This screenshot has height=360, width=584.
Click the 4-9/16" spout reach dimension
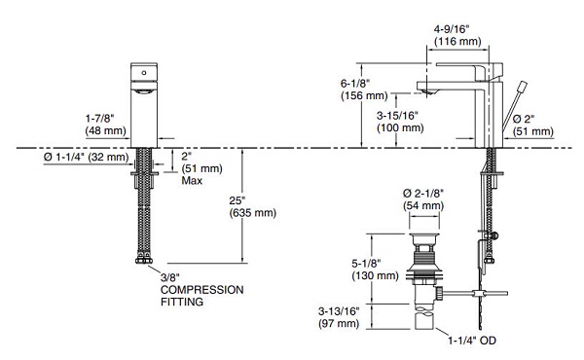pyautogui.click(x=457, y=35)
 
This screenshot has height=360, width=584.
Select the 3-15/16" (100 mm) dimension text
pyautogui.click(x=400, y=122)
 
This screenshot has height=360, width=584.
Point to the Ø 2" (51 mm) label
pyautogui.click(x=533, y=126)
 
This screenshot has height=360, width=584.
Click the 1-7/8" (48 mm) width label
pyautogui.click(x=106, y=125)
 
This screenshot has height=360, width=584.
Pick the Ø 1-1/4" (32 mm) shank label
pyautogui.click(x=86, y=157)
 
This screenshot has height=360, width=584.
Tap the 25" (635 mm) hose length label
pyautogui.click(x=252, y=206)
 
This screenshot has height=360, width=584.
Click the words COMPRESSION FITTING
pyautogui.click(x=201, y=296)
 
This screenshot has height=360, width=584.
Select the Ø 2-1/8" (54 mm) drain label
pyautogui.click(x=423, y=199)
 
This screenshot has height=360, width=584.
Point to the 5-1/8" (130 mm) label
pyautogui.click(x=375, y=270)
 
